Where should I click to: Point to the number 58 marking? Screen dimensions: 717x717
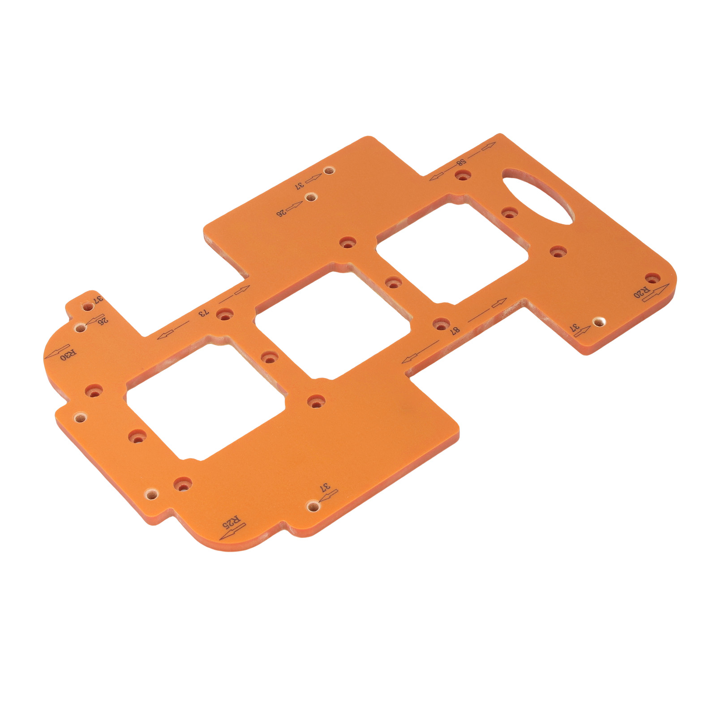(x=461, y=163)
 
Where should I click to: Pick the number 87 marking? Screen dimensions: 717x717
(x=455, y=330)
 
